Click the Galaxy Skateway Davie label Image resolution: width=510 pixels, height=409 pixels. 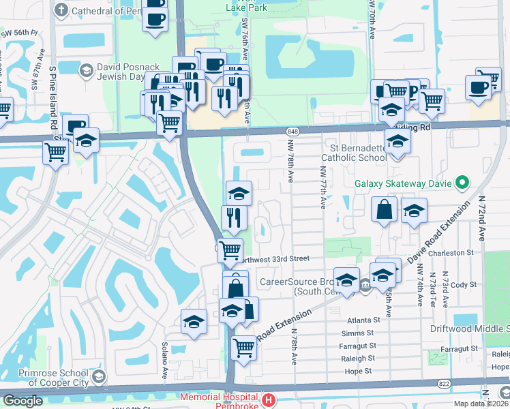pos(404,183)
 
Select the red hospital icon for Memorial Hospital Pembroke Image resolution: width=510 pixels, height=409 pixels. pos(270,400)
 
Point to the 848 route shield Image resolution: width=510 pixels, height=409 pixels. pos(293,130)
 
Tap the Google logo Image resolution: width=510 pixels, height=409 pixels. pos(22,401)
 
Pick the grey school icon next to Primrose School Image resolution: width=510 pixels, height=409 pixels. pos(99,377)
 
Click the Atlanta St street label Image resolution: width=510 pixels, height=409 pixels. pos(363,320)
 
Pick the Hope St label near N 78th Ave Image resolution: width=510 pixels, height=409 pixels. pos(359,371)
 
